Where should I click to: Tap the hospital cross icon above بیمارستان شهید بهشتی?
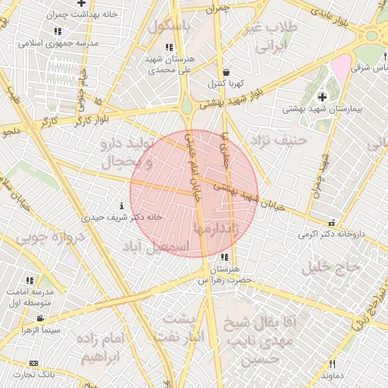coord(323,96)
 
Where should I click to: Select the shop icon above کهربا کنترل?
coord(224,71)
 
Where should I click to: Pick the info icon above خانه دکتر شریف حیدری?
coord(123,206)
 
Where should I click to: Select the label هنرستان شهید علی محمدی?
coord(169,63)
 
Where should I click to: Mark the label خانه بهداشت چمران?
coord(51,14)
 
